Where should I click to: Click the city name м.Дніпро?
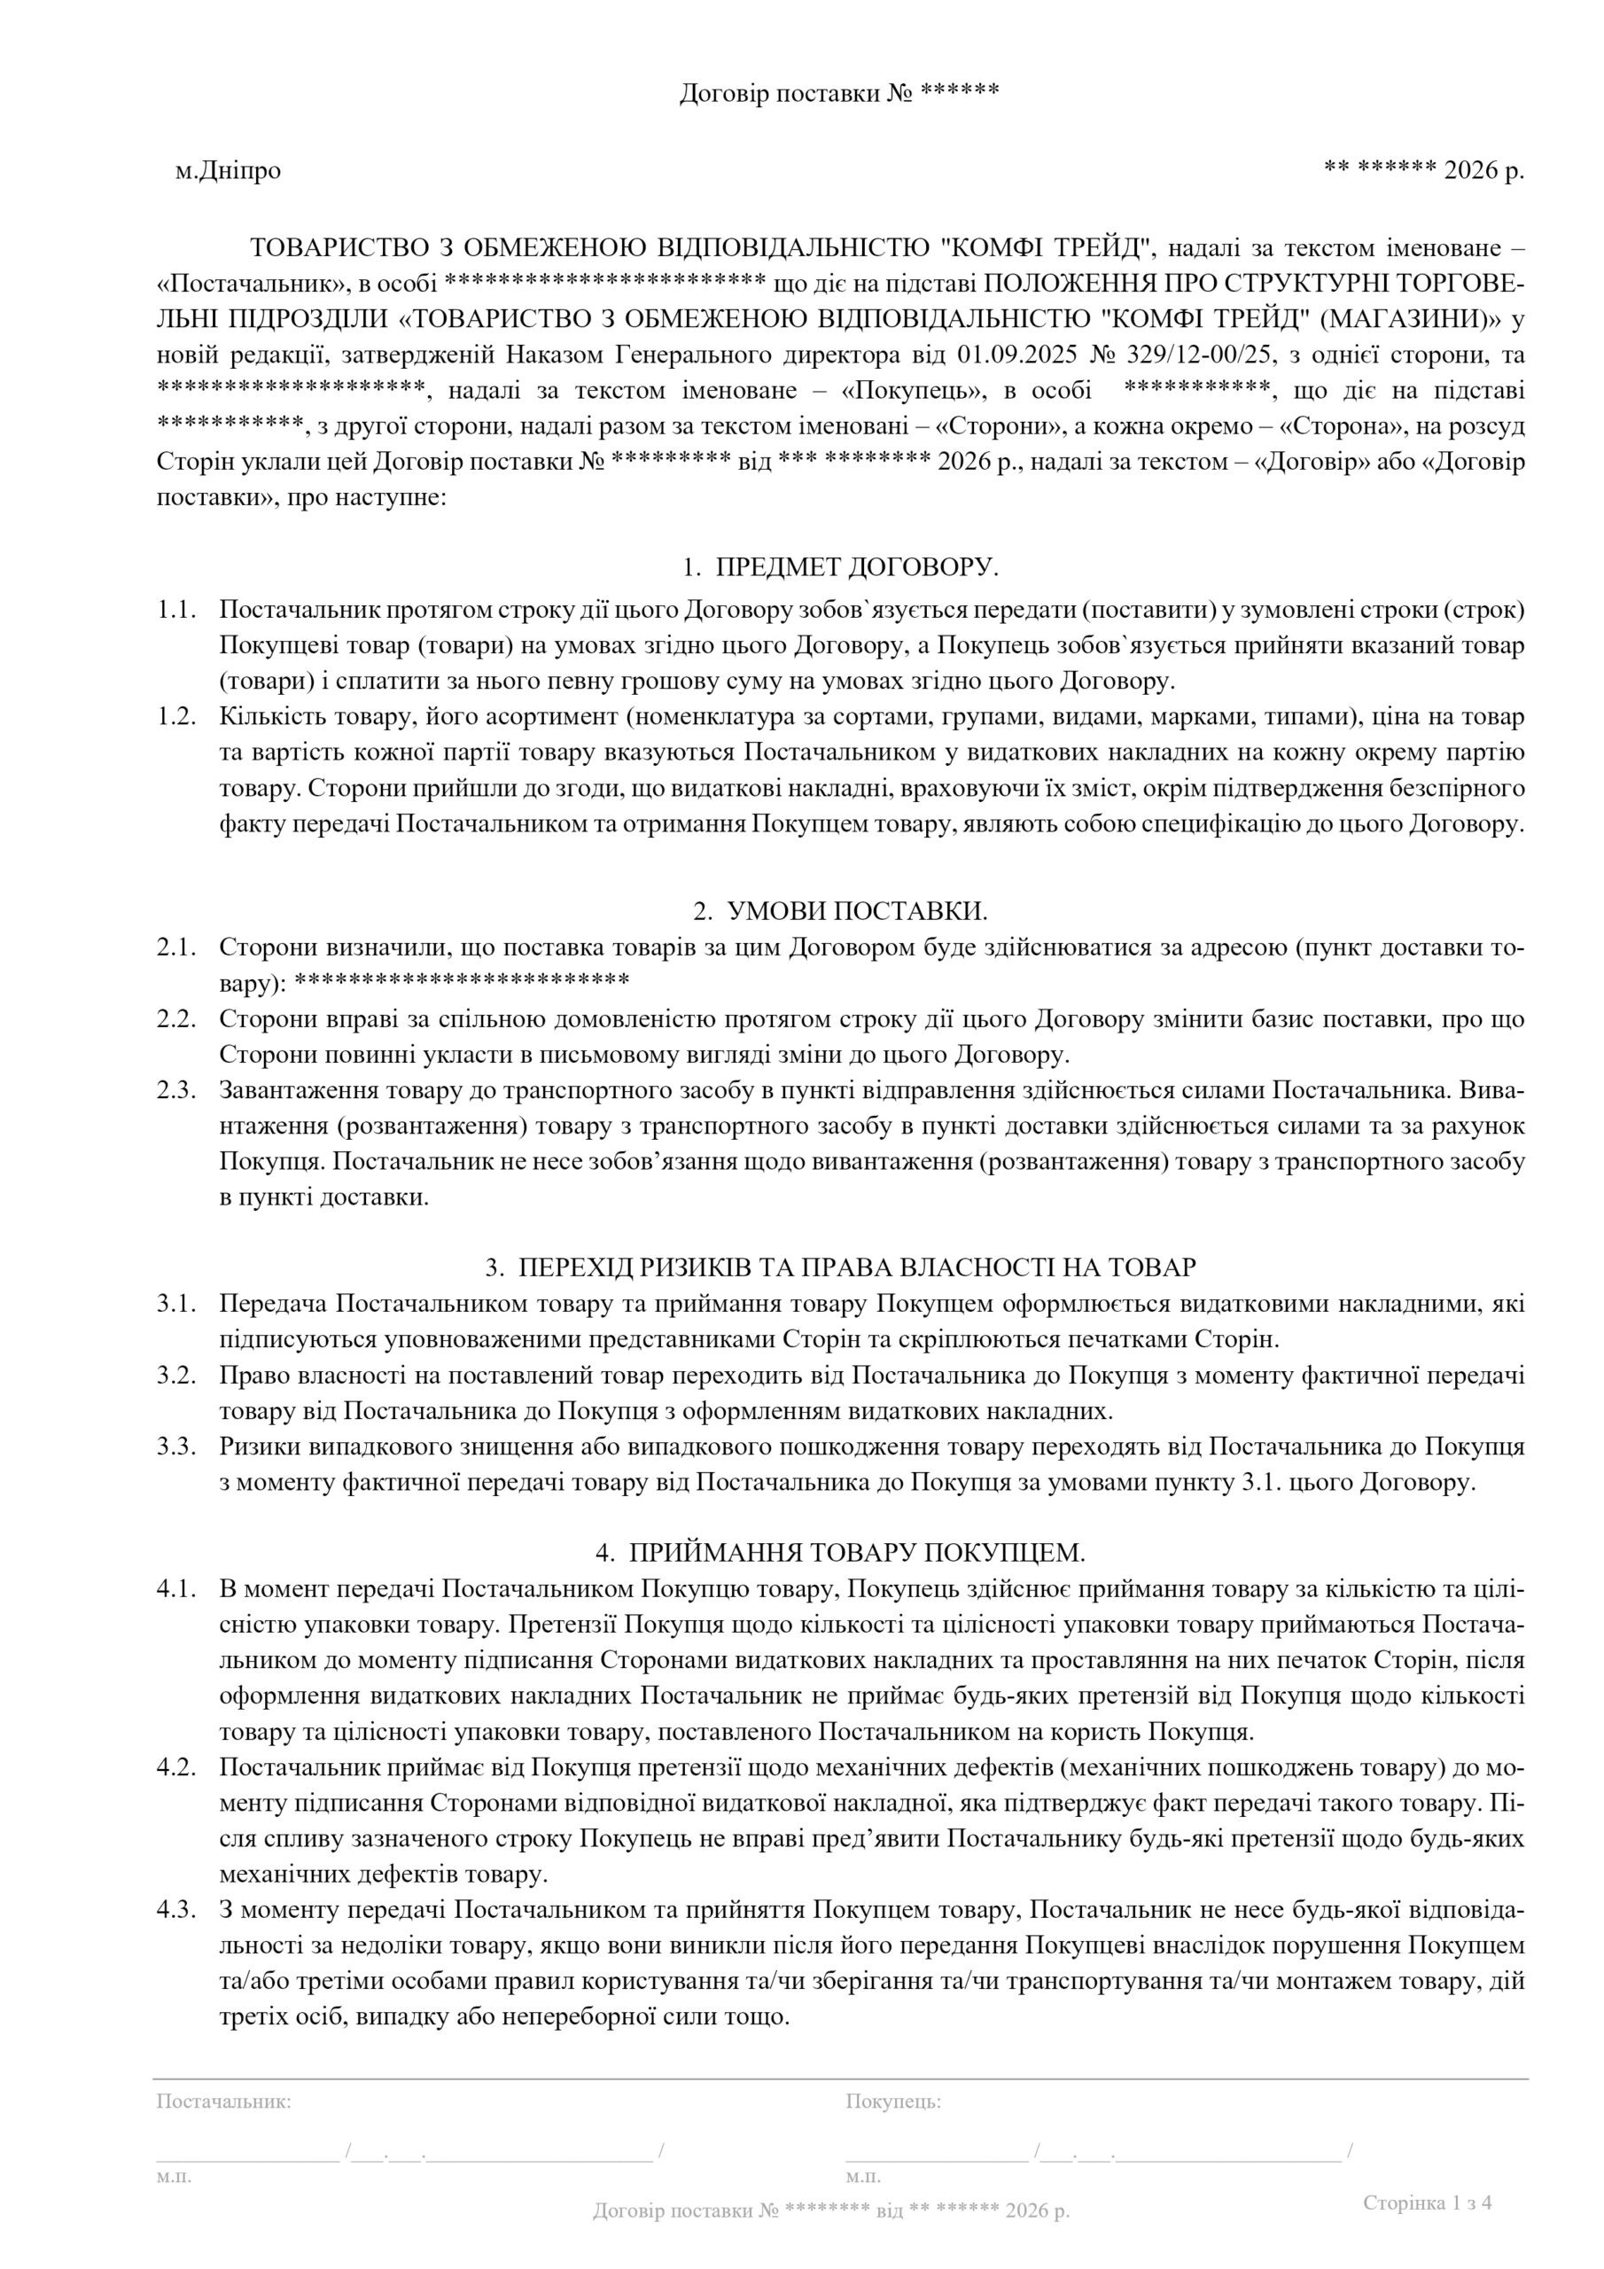pos(229,171)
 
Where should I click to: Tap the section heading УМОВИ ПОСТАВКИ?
pos(857,910)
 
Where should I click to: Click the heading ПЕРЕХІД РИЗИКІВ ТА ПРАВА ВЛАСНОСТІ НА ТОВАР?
pos(857,1267)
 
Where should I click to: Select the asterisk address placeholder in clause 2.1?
pos(463,983)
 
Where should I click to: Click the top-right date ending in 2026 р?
pos(1423,171)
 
